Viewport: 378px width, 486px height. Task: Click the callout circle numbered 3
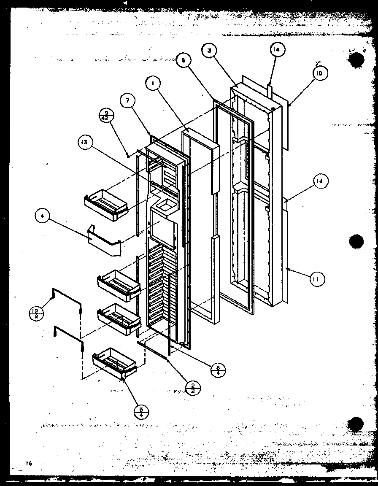[x=209, y=51]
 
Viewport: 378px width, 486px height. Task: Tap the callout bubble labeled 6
[x=184, y=60]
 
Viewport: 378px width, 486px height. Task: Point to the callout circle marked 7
[x=127, y=101]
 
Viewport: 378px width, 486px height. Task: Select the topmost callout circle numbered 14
[x=276, y=50]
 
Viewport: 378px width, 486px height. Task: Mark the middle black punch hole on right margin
[x=356, y=242]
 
